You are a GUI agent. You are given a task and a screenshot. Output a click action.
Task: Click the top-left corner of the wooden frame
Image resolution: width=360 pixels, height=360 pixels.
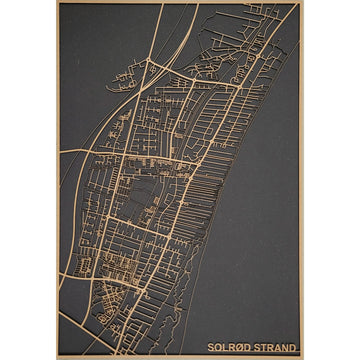[57, 2]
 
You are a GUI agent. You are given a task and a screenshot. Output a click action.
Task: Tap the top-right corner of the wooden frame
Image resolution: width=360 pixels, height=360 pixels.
[303, 2]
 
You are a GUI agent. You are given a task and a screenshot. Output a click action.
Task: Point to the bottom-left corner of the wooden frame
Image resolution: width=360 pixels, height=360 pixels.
[57, 358]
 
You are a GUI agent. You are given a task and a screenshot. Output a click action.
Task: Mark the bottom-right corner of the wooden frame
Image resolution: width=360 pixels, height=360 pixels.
[303, 358]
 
